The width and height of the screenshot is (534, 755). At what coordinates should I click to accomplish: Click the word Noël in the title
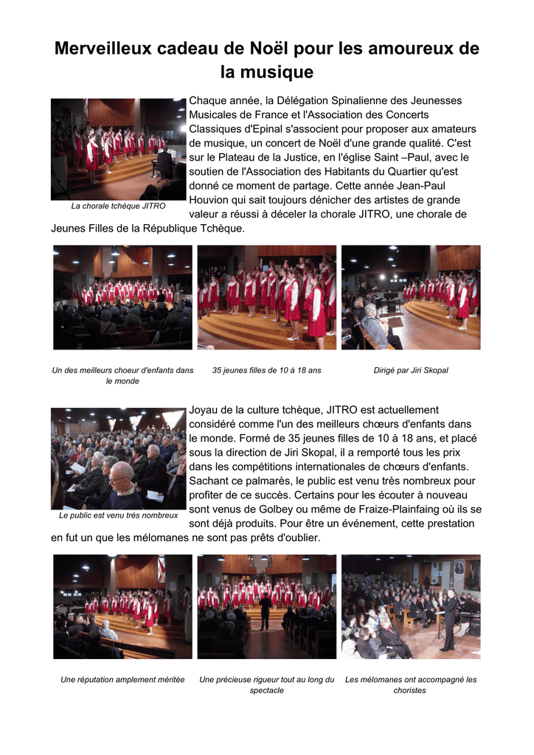(266, 49)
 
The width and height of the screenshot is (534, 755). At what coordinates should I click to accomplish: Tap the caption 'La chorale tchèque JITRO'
(118, 206)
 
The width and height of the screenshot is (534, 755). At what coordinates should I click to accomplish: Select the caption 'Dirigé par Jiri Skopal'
(411, 370)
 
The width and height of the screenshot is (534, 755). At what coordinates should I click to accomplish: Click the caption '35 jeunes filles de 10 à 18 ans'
(267, 370)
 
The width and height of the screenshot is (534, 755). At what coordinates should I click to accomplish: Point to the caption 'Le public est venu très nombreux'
(118, 515)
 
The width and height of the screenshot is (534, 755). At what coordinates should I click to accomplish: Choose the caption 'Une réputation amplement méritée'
(122, 679)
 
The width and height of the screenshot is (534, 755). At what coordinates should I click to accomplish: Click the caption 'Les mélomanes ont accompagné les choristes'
(411, 685)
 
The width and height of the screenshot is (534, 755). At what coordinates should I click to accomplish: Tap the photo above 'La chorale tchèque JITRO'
(118, 149)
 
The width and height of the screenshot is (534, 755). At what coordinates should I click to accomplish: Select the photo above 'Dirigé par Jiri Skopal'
(411, 297)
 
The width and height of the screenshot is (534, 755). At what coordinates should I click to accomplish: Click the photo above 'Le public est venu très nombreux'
(118, 458)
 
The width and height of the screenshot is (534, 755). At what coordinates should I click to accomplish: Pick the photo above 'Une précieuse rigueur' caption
(267, 606)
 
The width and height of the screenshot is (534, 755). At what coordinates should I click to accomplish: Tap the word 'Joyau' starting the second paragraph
(204, 410)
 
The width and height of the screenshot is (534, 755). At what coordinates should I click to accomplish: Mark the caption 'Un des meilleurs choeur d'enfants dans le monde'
(122, 375)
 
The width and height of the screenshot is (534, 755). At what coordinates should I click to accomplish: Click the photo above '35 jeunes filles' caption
(267, 297)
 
